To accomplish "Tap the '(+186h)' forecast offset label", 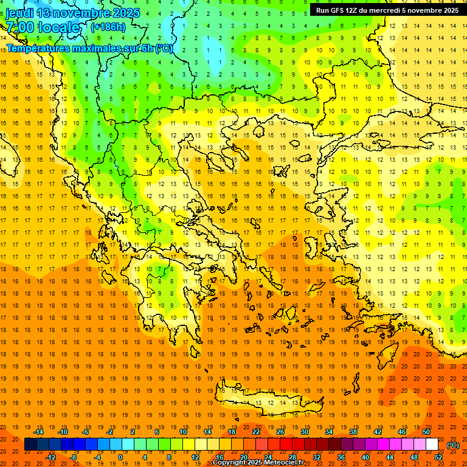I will (108, 27).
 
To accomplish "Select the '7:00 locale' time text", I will (43, 27).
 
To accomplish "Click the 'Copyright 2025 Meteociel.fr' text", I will (258, 463).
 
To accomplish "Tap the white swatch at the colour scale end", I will (432, 445).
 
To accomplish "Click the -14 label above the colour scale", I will (39, 432).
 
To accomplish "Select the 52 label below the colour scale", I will (438, 457).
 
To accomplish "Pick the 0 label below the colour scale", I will (120, 457).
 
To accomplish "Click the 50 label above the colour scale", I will (426, 432).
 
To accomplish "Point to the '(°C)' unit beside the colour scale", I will (453, 445).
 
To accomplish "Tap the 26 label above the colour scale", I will (280, 432).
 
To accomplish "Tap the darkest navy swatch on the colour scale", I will (30, 445).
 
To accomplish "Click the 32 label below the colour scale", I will (317, 457).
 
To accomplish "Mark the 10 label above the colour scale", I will (183, 432).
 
